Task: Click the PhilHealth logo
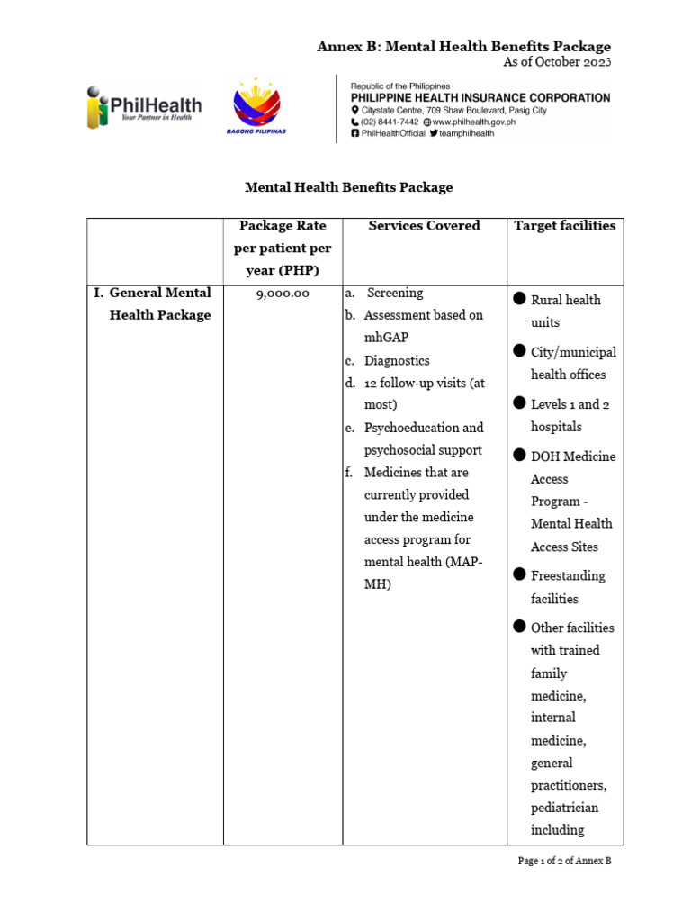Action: pos(144,107)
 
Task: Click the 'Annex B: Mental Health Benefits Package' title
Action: pos(463,46)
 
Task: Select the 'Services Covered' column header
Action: pos(424,226)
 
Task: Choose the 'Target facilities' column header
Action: pos(564,226)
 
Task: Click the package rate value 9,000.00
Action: pos(282,294)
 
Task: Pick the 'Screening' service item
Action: pos(393,294)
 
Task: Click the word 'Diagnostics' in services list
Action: pos(397,360)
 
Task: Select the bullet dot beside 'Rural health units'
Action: pos(519,299)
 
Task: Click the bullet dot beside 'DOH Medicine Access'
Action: pos(519,456)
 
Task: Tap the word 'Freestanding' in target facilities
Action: pos(568,575)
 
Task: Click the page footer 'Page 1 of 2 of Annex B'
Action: pos(564,861)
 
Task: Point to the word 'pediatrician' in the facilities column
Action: pos(564,808)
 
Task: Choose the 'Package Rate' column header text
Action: pos(282,226)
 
